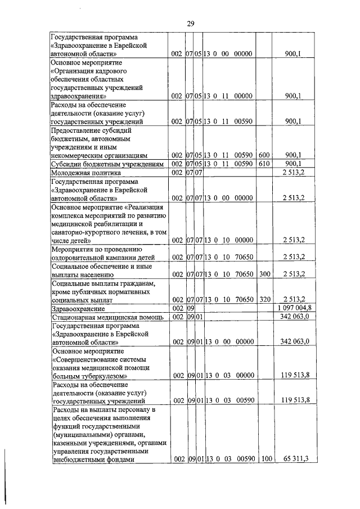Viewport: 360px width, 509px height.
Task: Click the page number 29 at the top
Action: click(x=190, y=23)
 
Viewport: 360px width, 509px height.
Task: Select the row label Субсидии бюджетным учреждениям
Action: click(x=107, y=164)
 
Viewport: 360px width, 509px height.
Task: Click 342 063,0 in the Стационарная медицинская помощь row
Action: click(x=295, y=318)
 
